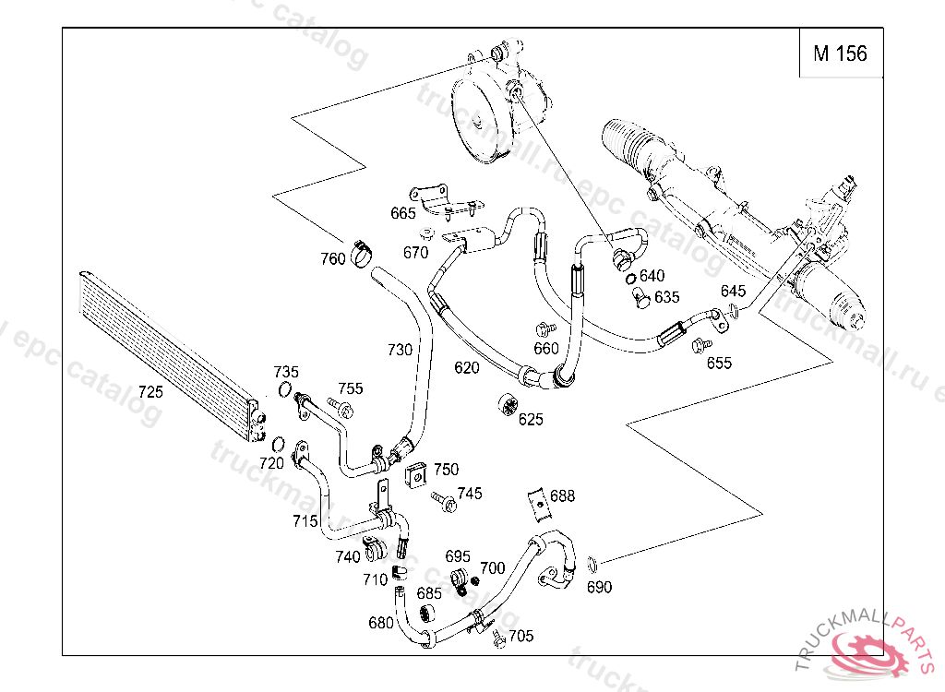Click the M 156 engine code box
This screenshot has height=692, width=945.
point(839,54)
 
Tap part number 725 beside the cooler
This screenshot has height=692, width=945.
point(150,391)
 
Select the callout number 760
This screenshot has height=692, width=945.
point(333,258)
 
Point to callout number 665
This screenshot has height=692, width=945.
point(403,213)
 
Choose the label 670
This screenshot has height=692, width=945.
point(416,252)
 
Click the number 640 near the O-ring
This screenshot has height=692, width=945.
point(652,276)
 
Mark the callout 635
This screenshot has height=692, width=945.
point(666,297)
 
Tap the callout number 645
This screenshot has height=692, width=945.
point(734,292)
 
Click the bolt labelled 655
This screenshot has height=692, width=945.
point(700,346)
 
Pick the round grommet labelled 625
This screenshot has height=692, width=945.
point(506,404)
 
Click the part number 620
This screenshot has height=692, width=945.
point(467,367)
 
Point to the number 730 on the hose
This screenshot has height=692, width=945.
point(400,350)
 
